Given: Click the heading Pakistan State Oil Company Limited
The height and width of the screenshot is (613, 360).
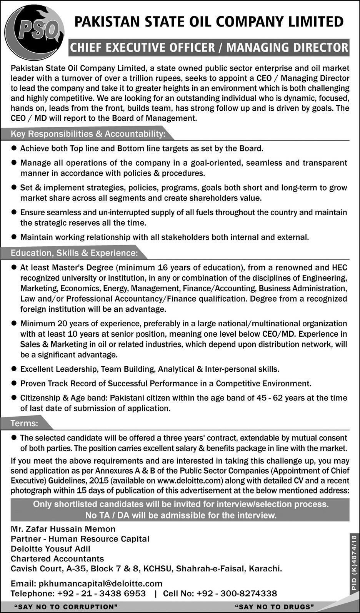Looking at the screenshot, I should click(208, 22).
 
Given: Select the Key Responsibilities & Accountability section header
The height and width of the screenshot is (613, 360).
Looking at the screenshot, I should click(88, 134).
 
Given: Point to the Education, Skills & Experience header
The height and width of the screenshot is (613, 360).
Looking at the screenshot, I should click(74, 253).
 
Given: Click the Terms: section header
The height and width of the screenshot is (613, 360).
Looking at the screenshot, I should click(25, 423).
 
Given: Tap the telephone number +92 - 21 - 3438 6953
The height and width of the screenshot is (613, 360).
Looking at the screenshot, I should click(102, 593).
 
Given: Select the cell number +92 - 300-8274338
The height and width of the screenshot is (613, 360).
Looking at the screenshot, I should click(237, 593).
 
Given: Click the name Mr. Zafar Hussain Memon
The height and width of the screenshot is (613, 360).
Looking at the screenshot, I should click(63, 529).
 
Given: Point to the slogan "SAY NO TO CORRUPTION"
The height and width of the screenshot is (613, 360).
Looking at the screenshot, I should click(66, 607).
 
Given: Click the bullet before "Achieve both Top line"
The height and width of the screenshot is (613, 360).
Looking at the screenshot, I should click(14, 148).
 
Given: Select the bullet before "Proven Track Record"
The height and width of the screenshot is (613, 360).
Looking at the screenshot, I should click(14, 383).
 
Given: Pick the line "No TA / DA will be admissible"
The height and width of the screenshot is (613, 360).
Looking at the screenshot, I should click(181, 515).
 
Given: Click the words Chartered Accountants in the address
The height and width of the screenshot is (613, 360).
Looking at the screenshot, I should click(57, 558).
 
